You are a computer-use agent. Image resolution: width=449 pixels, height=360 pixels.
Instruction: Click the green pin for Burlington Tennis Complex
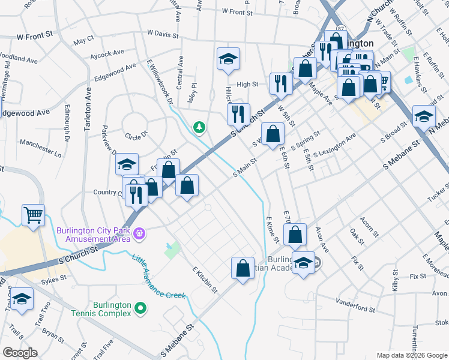pyautogui.click(x=141, y=309)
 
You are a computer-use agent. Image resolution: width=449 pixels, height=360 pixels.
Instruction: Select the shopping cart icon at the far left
pyautogui.click(x=33, y=215)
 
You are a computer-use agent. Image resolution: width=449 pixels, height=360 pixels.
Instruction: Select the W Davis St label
pyautogui.click(x=163, y=33)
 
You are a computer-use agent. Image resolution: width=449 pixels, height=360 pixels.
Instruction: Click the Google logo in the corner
pyautogui.click(x=20, y=353)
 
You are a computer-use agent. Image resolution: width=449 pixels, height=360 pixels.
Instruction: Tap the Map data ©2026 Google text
pyautogui.click(x=411, y=355)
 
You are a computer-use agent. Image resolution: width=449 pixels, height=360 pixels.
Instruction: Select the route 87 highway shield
pyautogui.click(x=340, y=29)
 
